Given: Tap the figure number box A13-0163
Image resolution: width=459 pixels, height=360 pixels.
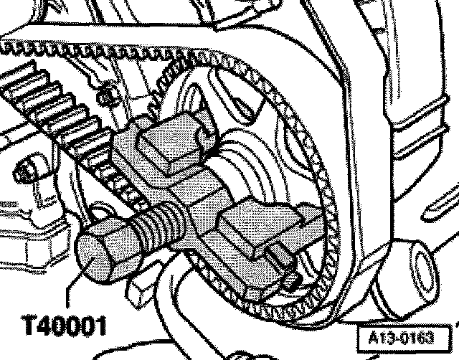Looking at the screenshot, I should click(397, 336).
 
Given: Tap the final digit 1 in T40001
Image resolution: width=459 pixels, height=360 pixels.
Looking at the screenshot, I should click(100, 326).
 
